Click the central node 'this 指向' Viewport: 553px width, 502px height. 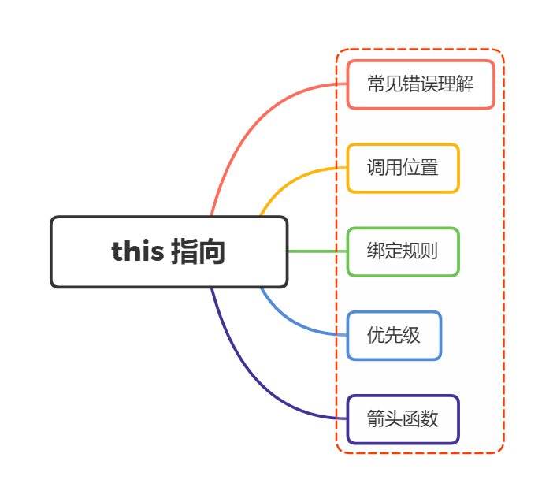(169, 251)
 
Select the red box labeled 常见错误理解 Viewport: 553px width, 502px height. (420, 84)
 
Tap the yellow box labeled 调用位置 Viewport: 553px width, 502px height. (403, 168)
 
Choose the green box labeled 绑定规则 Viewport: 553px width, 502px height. (403, 252)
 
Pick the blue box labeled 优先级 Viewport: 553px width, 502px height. (394, 336)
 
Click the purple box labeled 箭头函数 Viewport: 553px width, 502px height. (403, 419)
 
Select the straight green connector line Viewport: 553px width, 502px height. (317, 251)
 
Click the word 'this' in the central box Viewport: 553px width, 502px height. (138, 251)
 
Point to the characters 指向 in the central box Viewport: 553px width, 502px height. (198, 252)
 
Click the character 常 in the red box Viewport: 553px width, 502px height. (376, 84)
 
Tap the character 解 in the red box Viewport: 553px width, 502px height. (465, 84)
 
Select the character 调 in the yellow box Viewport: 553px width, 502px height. (376, 168)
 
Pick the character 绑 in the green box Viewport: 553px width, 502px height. (376, 252)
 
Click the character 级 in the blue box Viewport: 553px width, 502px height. (411, 336)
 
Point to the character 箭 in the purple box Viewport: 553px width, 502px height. (376, 419)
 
